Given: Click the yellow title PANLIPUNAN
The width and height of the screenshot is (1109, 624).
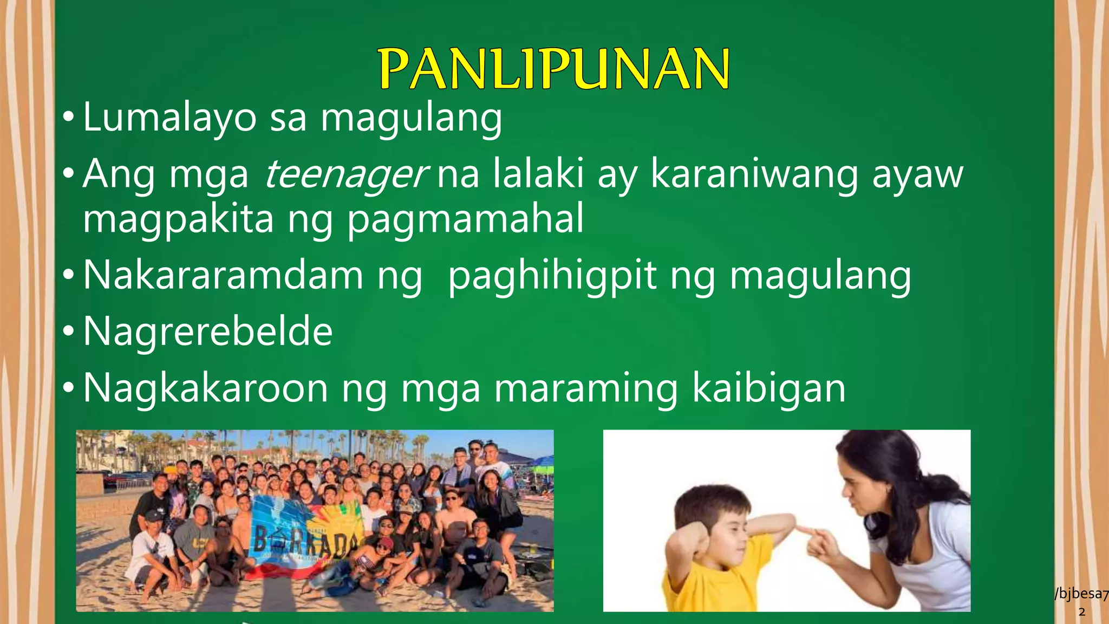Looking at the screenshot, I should tap(554, 69).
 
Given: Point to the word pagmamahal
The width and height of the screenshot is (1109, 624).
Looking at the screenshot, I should tap(466, 219).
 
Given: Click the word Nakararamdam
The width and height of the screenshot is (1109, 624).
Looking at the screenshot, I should tap(223, 276).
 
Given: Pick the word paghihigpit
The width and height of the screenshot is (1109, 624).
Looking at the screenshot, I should tap(552, 276).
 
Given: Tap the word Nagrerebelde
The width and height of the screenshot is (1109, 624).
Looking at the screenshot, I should tap(208, 331).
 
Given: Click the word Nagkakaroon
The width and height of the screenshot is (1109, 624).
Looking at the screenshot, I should tap(206, 388).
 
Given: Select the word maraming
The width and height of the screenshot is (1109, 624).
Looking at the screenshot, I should tap(586, 388).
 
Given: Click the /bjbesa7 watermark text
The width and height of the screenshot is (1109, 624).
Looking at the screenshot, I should tap(1081, 594).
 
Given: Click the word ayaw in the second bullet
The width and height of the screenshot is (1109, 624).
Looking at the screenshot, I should tap(917, 174).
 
